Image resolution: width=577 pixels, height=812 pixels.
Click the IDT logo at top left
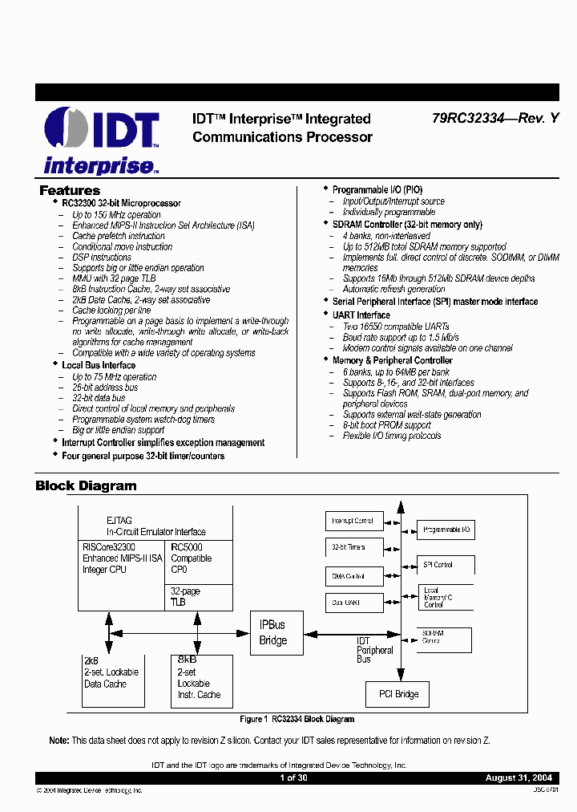[x=102, y=140]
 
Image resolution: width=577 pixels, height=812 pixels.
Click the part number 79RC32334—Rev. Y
[x=494, y=119]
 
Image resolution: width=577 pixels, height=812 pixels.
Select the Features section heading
[x=70, y=191]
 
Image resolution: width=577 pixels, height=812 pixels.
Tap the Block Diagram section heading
[x=86, y=485]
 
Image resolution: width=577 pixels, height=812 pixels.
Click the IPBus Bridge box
[x=272, y=632]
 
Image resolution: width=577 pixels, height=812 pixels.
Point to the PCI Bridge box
[x=398, y=694]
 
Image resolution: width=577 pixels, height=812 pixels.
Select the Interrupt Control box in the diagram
[x=353, y=521]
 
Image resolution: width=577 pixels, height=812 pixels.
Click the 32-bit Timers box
[x=353, y=547]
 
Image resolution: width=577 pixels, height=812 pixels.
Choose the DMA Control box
[x=353, y=575]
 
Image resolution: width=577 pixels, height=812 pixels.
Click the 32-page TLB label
[x=186, y=596]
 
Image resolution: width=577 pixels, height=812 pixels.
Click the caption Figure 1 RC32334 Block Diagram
[x=297, y=719]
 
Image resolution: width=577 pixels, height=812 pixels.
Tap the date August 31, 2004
[x=518, y=778]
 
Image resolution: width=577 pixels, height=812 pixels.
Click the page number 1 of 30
[x=293, y=778]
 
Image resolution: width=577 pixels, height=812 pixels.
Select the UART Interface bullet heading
[x=361, y=315]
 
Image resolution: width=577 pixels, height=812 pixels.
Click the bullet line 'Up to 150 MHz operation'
[x=116, y=215]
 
